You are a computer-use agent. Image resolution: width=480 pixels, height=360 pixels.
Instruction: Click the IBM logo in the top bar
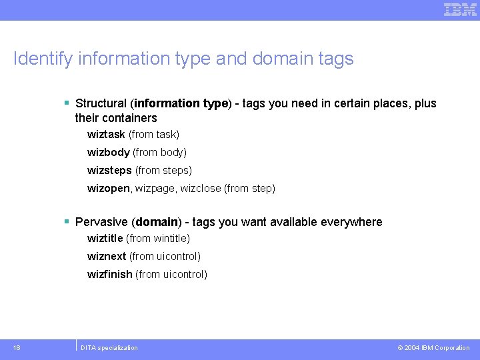460,9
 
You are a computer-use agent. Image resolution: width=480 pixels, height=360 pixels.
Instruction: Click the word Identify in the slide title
43,59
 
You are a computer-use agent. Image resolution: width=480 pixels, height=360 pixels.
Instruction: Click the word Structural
101,103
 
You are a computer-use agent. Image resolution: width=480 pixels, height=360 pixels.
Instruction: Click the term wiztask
106,135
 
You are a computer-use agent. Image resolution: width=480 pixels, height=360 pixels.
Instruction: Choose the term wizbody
108,153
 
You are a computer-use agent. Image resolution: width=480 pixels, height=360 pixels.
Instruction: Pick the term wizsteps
109,171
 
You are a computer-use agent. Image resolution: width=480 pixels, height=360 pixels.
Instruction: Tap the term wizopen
109,189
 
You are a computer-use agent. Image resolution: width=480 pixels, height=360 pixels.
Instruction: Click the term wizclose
200,189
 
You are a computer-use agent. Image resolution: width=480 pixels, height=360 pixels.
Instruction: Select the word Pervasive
102,222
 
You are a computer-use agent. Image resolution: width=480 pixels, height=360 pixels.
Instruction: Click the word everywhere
353,222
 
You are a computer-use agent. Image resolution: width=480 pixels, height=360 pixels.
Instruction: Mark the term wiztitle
105,239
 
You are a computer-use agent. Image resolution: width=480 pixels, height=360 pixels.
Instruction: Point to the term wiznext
107,257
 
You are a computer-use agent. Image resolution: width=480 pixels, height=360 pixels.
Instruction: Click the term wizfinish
109,275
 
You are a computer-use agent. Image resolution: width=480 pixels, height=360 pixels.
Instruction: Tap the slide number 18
17,348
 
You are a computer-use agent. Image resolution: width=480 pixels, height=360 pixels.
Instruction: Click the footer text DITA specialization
109,348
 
